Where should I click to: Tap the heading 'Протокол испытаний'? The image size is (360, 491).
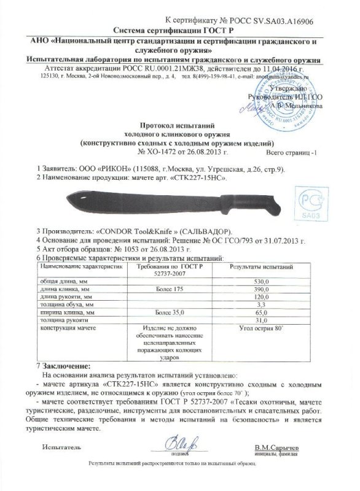(179, 123)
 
